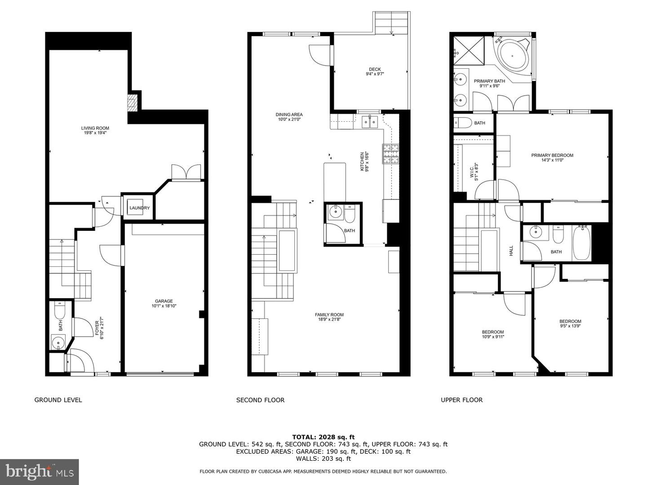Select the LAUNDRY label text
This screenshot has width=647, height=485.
pos(139,208)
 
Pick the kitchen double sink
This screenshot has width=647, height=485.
pos(370,122)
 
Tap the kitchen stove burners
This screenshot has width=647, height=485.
pos(390,154)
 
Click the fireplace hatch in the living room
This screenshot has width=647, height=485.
pos(133,103)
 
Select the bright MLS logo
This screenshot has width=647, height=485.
pos(39,472)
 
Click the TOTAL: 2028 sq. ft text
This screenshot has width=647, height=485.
pos(323,437)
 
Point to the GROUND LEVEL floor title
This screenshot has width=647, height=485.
pos(58,400)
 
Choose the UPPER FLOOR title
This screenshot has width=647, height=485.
pos(461,400)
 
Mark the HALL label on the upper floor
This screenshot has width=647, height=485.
pos(511,251)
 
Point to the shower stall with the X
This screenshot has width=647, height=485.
pos(469,50)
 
